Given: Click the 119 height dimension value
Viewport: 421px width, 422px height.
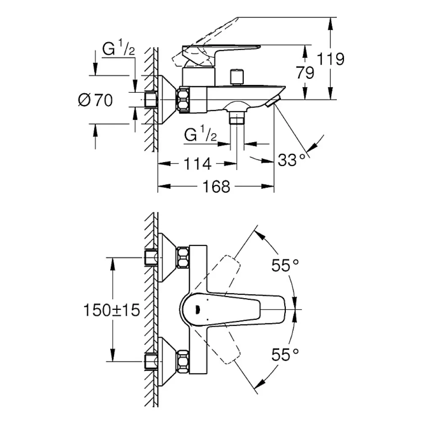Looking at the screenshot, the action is pos(330,59).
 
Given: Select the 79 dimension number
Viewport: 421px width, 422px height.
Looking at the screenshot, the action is pos(305,73).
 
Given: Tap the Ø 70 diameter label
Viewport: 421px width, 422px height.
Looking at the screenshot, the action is pos(96,100).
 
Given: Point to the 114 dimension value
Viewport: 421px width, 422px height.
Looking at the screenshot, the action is pos(197,164).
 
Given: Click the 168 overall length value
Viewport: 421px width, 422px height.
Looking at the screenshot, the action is pos(216,186).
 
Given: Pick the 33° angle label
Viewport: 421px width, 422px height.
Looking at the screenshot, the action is pos(292,160).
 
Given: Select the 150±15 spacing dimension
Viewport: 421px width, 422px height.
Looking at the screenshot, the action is pos(112,310).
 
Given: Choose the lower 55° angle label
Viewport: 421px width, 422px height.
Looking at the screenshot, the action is pos(285,355).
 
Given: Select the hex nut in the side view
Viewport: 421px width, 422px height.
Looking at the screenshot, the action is pos(183,99).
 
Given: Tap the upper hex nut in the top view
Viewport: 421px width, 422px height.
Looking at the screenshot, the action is pos(183,258).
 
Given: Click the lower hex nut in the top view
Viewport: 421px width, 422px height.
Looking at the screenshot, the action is pos(183,361).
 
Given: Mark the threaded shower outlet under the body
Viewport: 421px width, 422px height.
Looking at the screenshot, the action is pos(237,118).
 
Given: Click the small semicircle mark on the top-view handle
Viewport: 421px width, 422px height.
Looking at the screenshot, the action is pos(197,309).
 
